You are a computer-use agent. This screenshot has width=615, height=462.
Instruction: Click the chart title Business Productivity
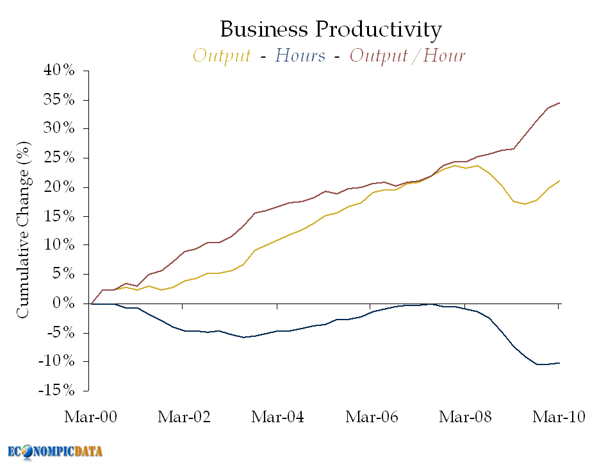(331, 30)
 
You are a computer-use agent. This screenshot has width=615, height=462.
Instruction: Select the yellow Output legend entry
(222, 56)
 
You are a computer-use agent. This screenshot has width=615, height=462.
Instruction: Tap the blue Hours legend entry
(300, 56)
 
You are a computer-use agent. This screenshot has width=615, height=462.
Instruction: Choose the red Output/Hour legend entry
(407, 56)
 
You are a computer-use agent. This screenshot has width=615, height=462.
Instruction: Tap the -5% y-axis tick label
(61, 332)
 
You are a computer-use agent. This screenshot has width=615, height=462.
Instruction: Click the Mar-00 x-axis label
(90, 417)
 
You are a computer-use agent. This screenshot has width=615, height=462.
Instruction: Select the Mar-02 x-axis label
(184, 417)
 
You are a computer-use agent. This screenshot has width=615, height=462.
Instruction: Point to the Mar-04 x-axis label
(277, 417)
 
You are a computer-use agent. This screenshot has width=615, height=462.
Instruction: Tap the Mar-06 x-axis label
(372, 417)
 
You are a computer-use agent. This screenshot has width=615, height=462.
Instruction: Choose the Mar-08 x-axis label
(465, 417)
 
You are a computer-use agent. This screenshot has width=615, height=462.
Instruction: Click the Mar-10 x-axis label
(559, 417)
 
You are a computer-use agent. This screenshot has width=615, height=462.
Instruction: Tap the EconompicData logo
(55, 450)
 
